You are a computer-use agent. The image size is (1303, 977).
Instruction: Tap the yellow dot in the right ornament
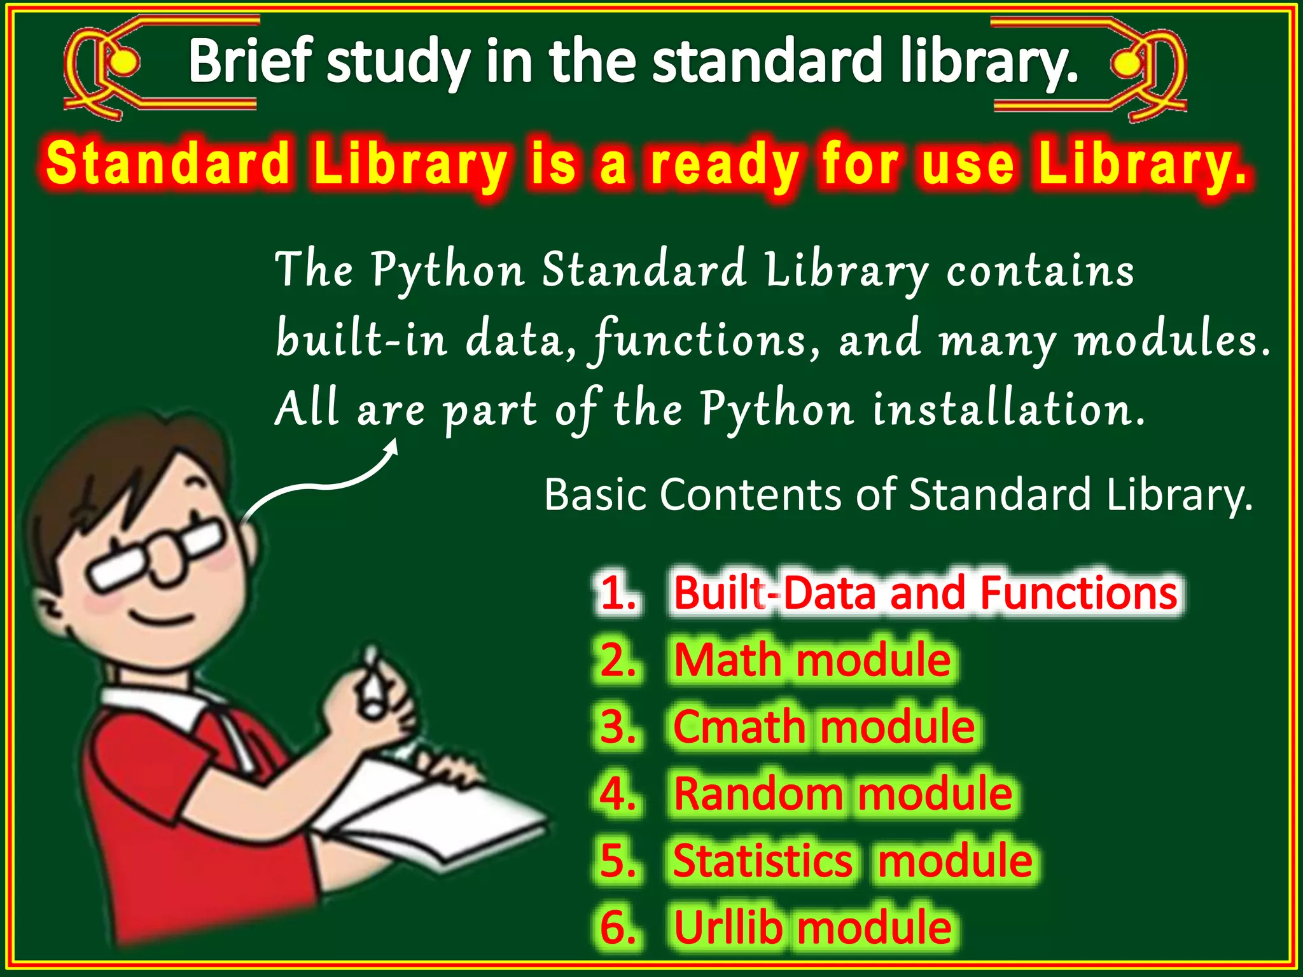pyautogui.click(x=1127, y=63)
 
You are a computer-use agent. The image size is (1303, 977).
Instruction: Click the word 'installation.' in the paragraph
pyautogui.click(x=1008, y=409)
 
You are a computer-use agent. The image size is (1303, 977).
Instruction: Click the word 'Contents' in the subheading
pyautogui.click(x=751, y=494)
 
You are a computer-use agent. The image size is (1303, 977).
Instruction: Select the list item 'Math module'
pyautogui.click(x=812, y=660)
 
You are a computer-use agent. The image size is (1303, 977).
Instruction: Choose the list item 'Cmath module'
pyautogui.click(x=823, y=726)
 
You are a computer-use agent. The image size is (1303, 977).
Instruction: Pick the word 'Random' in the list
pyautogui.click(x=757, y=794)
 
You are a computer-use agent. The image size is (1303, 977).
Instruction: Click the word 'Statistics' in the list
pyautogui.click(x=762, y=861)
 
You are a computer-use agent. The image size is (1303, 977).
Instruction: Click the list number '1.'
pyautogui.click(x=618, y=593)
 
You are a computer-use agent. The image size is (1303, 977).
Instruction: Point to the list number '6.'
pyautogui.click(x=618, y=927)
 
